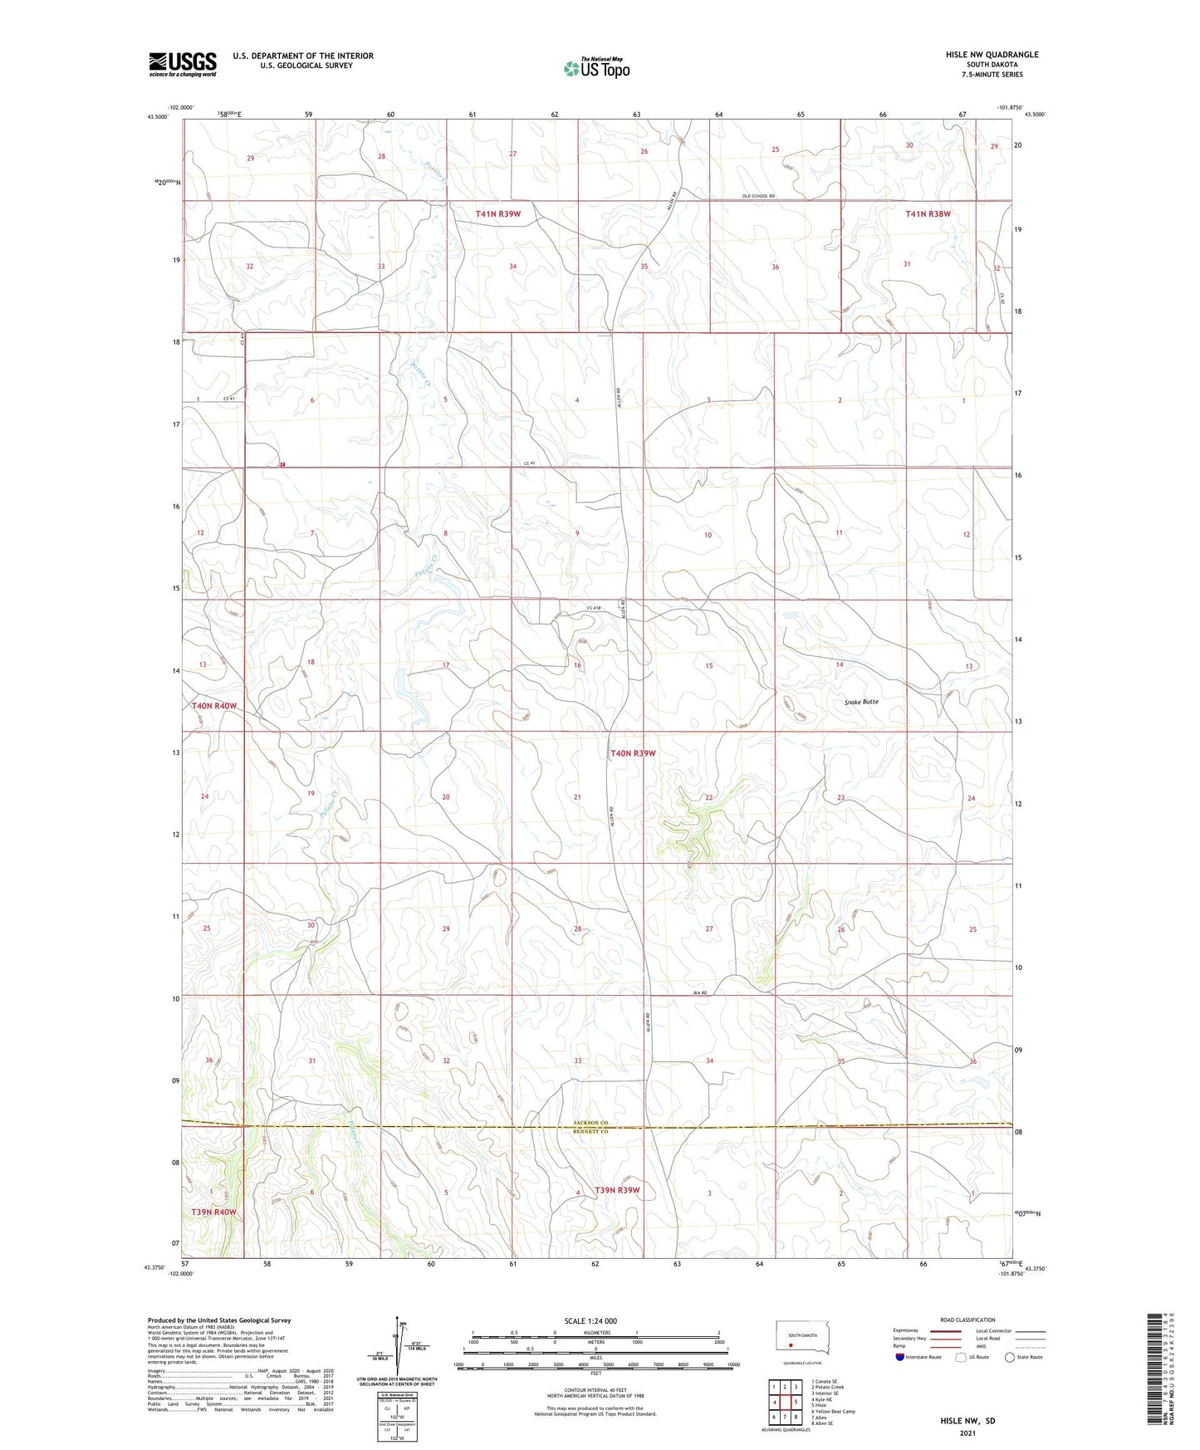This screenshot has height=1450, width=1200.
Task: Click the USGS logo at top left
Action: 182,64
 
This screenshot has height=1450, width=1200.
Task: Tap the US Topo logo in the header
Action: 595,68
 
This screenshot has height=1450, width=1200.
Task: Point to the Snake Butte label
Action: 861,702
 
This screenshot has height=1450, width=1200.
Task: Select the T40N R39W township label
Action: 633,753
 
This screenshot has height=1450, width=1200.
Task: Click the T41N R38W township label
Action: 928,213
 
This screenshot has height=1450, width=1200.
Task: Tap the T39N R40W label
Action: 214,1212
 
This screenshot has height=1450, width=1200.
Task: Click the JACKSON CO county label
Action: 591,1123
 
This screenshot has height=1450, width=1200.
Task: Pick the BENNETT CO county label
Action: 591,1132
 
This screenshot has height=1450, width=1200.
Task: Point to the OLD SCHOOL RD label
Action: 758,197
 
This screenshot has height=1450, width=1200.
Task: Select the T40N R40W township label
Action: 214,706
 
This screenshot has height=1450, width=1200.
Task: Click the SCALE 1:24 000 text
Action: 590,1321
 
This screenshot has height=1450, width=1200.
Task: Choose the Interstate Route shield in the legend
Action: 900,1357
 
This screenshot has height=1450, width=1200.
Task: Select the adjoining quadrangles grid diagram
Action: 784,1403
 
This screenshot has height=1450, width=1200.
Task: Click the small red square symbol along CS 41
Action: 282,465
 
